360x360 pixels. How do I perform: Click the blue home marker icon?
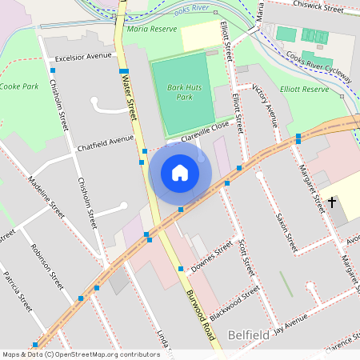coord(180,172)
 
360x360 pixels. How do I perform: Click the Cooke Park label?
coord(19,86)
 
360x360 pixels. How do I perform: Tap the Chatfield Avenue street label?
coord(105,144)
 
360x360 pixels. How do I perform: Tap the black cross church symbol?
coord(332,202)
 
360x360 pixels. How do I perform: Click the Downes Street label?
coord(211,255)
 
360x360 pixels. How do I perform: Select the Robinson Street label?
coord(46,266)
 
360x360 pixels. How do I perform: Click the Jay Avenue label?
coord(290,325)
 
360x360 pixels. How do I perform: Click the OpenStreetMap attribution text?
coord(81,354)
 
